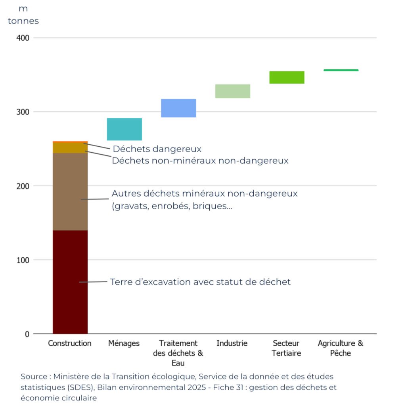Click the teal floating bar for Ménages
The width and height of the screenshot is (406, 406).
[124, 129]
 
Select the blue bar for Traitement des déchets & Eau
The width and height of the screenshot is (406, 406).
[178, 108]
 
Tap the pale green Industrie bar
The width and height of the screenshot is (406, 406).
[232, 91]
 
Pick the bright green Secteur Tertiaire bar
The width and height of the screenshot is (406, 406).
[287, 77]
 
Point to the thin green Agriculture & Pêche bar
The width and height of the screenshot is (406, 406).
[341, 70]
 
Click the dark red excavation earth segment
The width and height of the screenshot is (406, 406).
[70, 282]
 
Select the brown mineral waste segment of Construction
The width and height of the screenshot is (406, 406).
[70, 192]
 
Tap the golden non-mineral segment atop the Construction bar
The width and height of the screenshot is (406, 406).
[70, 147]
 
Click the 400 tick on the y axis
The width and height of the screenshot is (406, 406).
[23, 38]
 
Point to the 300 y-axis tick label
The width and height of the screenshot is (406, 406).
[23, 112]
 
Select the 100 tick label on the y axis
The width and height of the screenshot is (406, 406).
[23, 260]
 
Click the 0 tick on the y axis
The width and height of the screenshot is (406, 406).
[27, 334]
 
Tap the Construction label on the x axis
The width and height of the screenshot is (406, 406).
[70, 343]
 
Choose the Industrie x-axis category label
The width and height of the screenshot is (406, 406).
[232, 343]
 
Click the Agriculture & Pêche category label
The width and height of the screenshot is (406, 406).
[341, 348]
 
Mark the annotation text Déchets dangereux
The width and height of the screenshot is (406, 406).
[157, 149]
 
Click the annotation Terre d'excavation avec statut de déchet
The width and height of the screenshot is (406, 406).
[200, 282]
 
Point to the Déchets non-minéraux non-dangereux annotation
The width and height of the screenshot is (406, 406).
[200, 161]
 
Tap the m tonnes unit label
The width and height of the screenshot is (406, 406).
[23, 15]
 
